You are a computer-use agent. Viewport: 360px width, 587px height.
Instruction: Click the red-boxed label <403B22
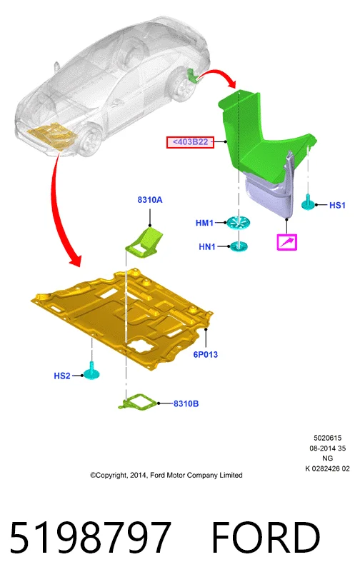click(x=190, y=142)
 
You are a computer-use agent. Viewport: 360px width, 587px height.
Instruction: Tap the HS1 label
click(x=337, y=205)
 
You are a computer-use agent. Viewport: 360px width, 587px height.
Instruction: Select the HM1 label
click(x=204, y=223)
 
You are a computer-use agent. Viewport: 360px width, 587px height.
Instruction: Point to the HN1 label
click(x=207, y=246)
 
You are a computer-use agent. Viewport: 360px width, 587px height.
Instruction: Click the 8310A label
click(x=150, y=200)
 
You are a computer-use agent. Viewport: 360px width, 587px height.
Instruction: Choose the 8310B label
click(x=186, y=403)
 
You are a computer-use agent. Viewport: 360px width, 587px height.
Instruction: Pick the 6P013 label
click(x=205, y=354)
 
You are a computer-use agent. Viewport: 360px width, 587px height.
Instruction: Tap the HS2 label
click(x=62, y=376)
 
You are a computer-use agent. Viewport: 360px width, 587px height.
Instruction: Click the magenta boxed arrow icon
click(x=287, y=242)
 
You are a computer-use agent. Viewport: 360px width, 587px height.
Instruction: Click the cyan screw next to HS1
click(x=309, y=203)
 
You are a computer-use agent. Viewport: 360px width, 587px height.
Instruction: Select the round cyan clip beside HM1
click(x=239, y=223)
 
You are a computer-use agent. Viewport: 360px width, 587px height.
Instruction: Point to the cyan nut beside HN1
click(x=239, y=246)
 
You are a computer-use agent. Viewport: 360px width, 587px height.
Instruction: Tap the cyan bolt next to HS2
click(x=91, y=371)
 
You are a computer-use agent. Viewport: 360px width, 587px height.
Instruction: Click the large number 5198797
click(x=90, y=538)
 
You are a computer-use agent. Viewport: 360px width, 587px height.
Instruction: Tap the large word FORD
click(x=266, y=538)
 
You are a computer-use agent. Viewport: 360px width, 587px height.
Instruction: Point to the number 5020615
click(x=327, y=438)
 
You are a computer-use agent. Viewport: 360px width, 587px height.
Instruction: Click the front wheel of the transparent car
click(x=91, y=141)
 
